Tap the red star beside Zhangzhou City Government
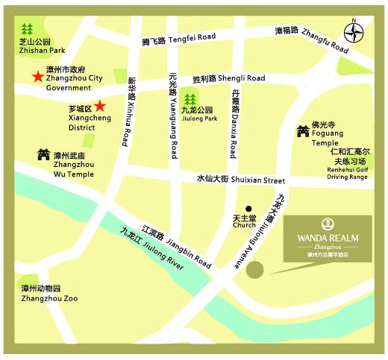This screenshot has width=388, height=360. [36, 76]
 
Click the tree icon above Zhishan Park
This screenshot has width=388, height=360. [28, 30]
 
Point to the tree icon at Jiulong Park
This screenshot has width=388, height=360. [190, 99]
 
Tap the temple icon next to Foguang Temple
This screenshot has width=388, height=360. [302, 131]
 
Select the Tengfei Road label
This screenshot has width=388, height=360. [179, 40]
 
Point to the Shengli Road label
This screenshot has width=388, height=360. [228, 78]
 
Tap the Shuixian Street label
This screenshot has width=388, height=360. [241, 180]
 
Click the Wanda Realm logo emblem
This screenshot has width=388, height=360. [328, 224]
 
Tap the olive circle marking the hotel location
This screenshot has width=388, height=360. [256, 270]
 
